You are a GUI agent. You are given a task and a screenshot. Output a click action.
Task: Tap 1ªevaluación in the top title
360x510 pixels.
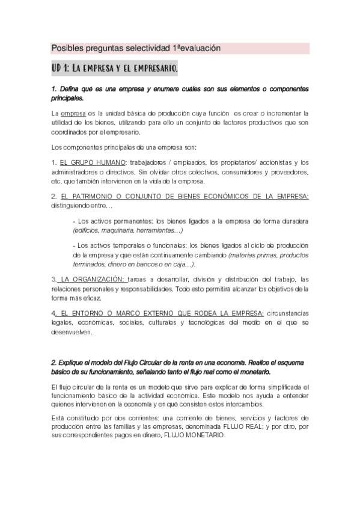(197, 48)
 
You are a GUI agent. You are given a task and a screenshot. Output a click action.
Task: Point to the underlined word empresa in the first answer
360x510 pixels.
(73, 112)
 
